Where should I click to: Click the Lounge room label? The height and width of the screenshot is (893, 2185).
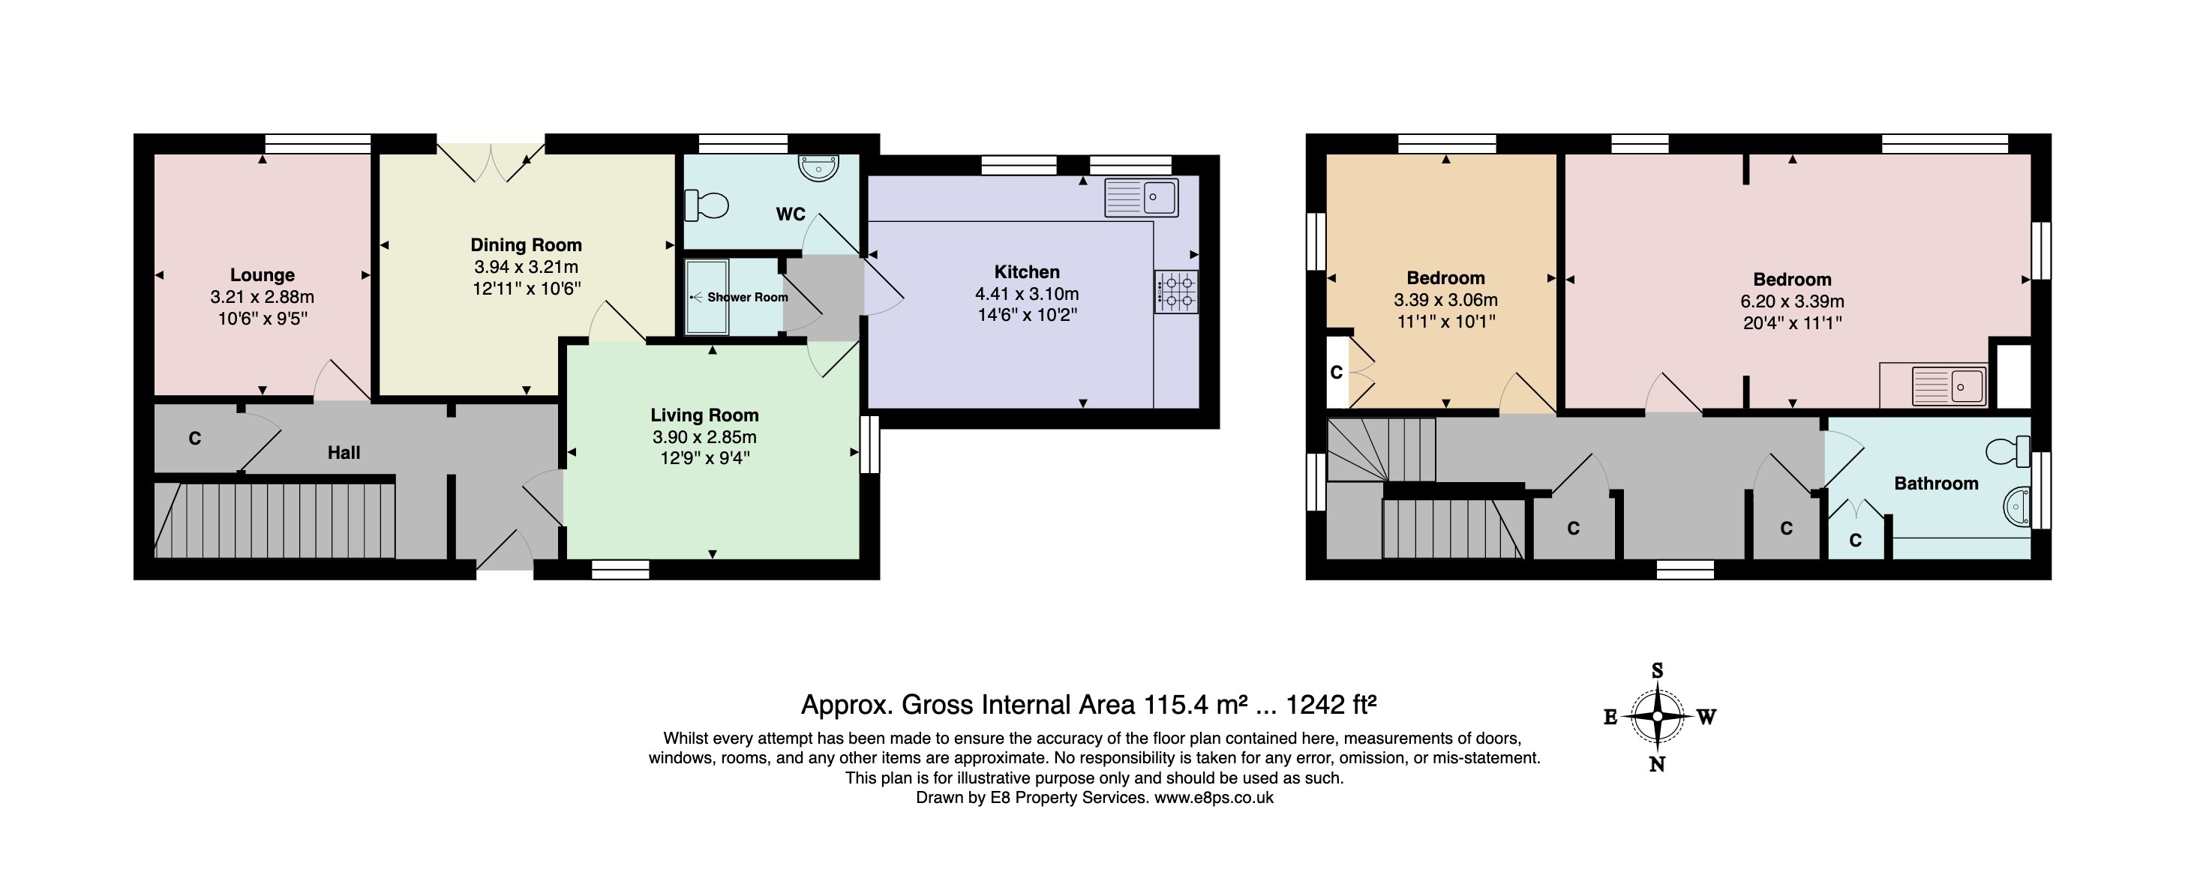(262, 274)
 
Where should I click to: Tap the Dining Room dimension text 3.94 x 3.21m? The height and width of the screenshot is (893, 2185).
(526, 266)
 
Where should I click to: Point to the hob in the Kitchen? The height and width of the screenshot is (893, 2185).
(1175, 291)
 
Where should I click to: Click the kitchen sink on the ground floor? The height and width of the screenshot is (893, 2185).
(1141, 198)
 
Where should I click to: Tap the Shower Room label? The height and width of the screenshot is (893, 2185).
(747, 297)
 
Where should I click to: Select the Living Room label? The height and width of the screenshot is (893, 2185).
(704, 415)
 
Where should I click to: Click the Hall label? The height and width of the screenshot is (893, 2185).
(344, 452)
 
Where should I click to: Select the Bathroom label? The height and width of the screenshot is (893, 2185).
(1936, 484)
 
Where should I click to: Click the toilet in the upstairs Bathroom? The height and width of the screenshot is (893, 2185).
(2008, 451)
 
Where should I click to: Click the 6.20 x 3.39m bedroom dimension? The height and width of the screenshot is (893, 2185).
(1791, 301)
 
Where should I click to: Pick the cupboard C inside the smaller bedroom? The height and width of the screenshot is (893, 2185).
(1336, 373)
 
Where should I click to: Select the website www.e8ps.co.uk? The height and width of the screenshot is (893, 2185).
(1214, 797)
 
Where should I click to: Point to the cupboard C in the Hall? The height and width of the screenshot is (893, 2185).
(194, 439)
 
